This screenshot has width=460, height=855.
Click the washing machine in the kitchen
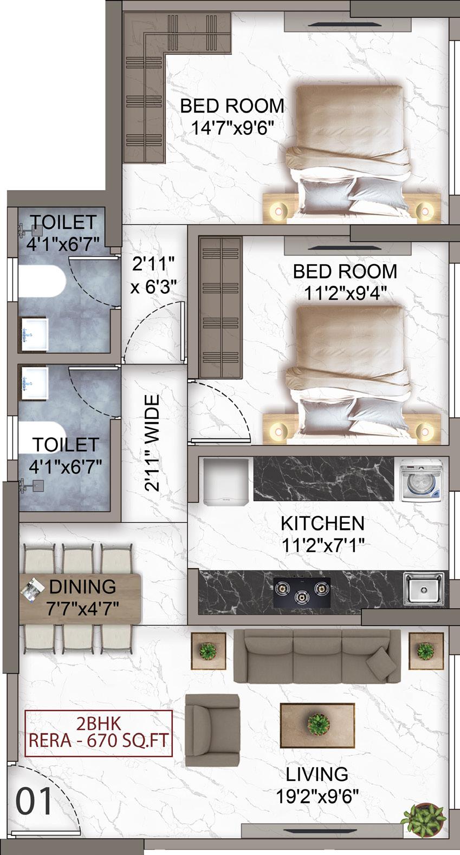(x=420, y=480)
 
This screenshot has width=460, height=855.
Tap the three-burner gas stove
(x=302, y=592)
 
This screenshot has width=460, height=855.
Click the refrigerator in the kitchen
(x=226, y=482)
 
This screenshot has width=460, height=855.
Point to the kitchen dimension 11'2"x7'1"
(x=323, y=545)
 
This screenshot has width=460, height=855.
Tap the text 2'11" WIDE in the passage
(x=152, y=443)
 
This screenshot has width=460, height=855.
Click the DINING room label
(x=82, y=587)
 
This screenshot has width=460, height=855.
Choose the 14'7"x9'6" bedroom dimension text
(x=232, y=128)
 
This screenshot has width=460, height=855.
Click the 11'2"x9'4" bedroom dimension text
(x=345, y=293)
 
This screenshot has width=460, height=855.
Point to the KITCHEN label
(x=323, y=523)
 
